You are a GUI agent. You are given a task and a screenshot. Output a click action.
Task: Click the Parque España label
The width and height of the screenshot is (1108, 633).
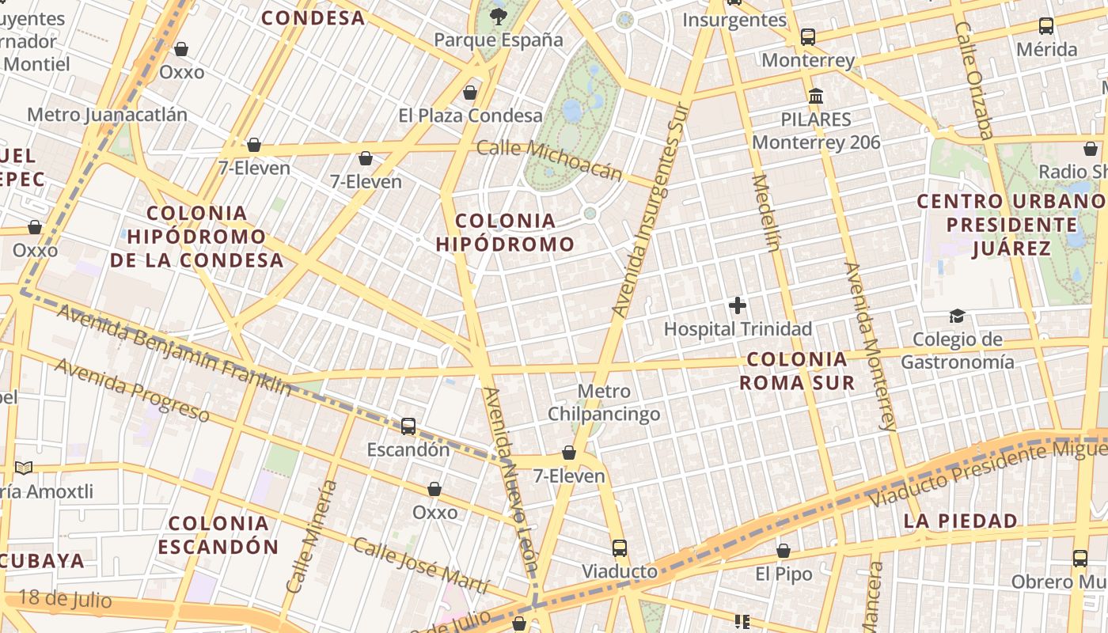pos(499,40)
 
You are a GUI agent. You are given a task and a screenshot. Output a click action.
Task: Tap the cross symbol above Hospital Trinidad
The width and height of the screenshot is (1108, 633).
pos(738,305)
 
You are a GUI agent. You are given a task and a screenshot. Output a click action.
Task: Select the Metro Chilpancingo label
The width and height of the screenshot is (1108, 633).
pos(604,403)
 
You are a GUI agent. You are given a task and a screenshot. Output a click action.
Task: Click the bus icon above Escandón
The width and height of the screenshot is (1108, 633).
pos(408,426)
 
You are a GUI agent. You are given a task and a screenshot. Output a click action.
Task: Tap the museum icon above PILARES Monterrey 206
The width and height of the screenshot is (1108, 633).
pos(816,97)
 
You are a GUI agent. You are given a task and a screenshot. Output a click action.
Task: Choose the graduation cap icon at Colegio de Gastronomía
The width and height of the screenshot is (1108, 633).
pos(958,316)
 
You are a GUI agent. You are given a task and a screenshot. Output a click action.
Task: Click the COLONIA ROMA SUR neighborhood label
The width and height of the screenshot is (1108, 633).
pos(797,371)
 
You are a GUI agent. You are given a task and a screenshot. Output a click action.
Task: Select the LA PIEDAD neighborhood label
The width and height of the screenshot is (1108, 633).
pos(961,521)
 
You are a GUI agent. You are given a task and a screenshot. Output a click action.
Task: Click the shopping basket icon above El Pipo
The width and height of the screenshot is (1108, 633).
pos(784,551)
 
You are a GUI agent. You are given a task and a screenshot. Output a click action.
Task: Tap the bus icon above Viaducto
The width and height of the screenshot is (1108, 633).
pos(620,548)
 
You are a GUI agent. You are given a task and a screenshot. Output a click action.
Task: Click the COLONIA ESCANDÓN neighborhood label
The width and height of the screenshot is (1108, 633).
pos(218,535)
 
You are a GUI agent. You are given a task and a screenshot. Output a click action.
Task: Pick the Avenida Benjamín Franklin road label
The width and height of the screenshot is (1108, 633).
pos(173,349)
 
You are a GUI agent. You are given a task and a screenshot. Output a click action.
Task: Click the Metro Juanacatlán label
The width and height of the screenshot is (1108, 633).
pos(108,115)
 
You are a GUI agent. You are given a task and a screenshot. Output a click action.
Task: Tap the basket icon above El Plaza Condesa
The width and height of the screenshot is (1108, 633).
pos(470,93)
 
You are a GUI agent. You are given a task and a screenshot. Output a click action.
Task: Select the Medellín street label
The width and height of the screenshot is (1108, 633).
pos(766,212)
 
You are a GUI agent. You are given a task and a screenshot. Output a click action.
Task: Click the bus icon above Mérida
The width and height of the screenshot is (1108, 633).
pos(1046,26)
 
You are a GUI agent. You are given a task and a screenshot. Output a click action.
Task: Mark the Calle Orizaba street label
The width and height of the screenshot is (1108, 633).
pos(974,79)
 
